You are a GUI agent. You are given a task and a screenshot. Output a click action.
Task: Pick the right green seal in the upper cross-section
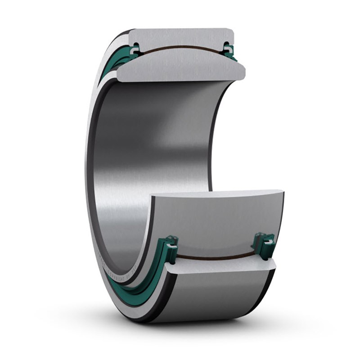229,49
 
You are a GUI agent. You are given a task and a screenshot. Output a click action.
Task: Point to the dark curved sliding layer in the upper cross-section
180,46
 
